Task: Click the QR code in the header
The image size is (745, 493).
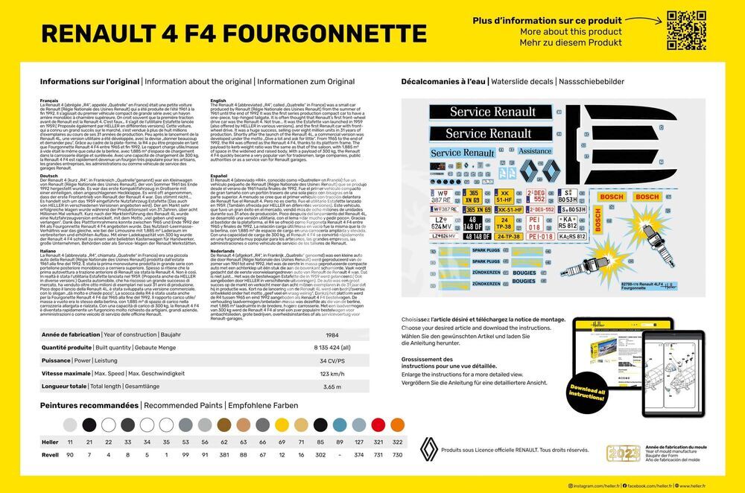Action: [686, 31]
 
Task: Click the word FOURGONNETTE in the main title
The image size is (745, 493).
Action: [326, 33]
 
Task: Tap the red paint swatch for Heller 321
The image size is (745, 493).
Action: [378, 425]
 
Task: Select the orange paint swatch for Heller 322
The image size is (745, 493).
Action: [397, 425]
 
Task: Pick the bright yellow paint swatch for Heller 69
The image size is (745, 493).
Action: [282, 425]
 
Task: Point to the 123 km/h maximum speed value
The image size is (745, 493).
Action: [331, 373]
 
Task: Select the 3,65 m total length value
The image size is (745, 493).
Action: [332, 387]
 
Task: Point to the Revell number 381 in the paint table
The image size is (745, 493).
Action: [223, 454]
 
